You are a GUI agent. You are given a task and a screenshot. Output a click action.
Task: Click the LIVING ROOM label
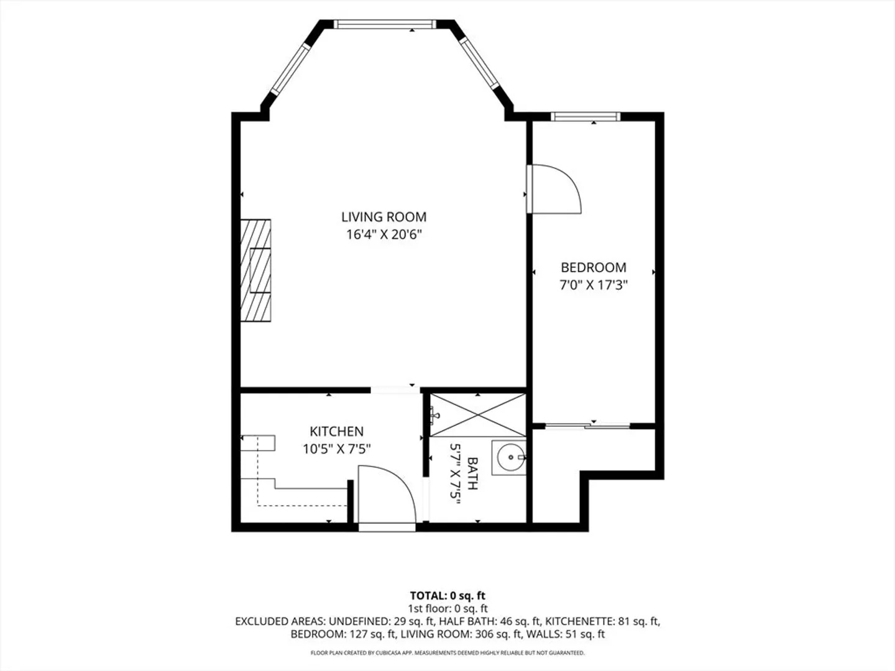[383, 217]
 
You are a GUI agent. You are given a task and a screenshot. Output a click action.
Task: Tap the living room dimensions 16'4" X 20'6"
[383, 235]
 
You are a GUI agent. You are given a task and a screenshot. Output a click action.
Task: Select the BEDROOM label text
[594, 267]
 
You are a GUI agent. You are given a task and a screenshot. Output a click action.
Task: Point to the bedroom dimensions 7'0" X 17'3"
[594, 285]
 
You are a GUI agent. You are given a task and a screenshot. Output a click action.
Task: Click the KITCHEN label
[336, 431]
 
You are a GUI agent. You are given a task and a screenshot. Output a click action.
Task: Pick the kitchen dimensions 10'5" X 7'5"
[336, 449]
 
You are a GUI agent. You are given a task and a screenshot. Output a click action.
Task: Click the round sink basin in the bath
[510, 457]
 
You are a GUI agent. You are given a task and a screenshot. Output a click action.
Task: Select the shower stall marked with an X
[478, 415]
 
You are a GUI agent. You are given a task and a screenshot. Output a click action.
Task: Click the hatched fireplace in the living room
[255, 270]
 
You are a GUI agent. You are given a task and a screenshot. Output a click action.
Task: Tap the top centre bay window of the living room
[385, 24]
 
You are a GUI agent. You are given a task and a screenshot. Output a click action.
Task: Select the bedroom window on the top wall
[585, 117]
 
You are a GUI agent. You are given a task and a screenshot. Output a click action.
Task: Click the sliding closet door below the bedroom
[587, 426]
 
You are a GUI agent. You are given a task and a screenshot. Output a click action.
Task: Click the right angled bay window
[479, 64]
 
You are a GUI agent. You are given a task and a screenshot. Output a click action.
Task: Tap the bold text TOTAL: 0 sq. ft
[447, 596]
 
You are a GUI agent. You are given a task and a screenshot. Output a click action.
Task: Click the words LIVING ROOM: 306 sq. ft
[461, 634]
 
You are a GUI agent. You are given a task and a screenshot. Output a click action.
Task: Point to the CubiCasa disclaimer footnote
[447, 652]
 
